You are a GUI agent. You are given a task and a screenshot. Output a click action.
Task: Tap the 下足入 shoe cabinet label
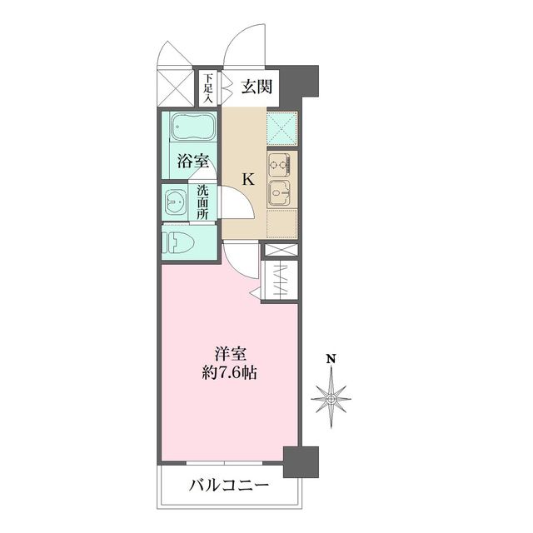(x=207, y=88)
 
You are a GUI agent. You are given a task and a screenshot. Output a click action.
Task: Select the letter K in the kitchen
(x=248, y=177)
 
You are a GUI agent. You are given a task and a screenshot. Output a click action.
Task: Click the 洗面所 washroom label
(x=202, y=201)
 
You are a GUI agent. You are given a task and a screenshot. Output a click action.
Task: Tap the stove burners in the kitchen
(x=278, y=161)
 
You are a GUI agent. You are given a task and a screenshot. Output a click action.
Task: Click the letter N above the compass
(x=331, y=360)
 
